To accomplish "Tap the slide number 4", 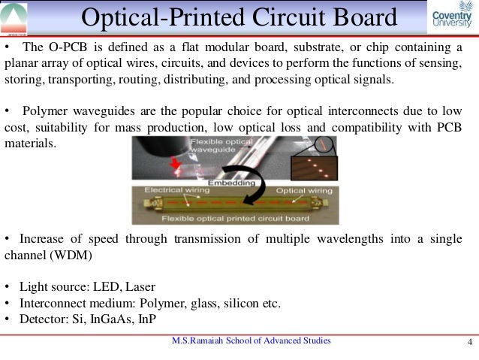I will [x=469, y=345].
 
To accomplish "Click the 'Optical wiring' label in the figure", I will [x=301, y=192].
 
